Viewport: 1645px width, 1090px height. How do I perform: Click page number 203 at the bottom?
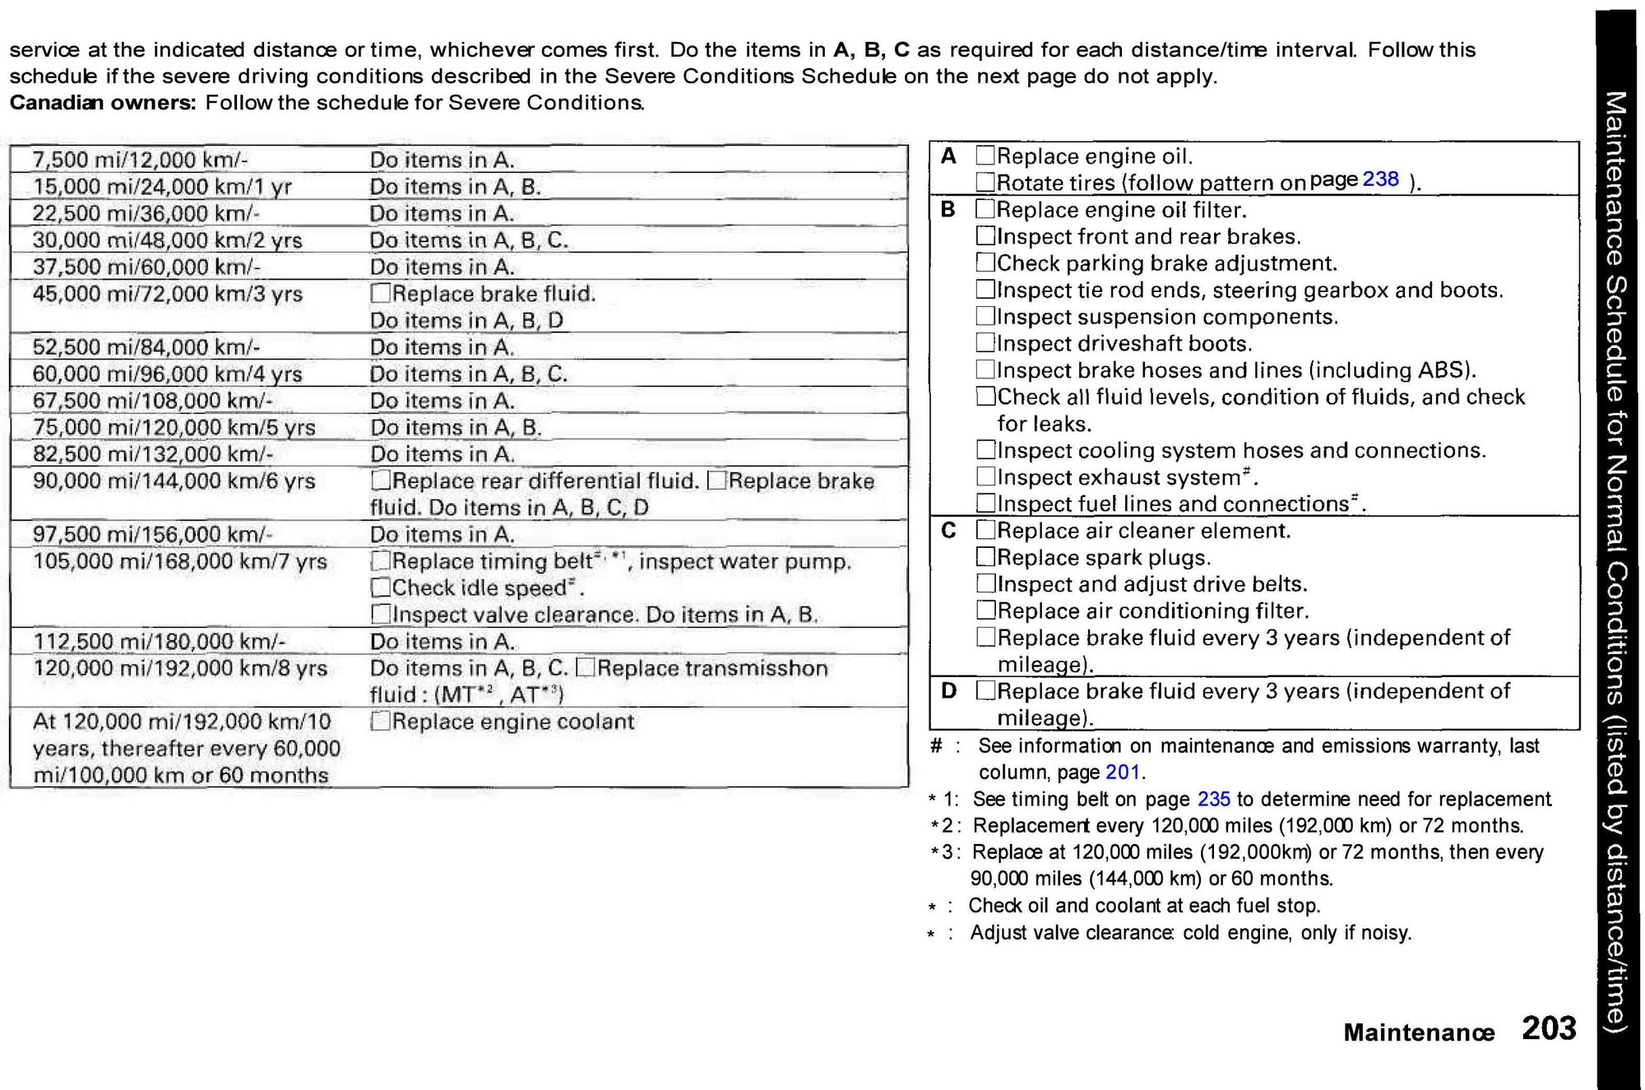pyautogui.click(x=1548, y=1029)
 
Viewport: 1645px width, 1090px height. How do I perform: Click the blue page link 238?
pyautogui.click(x=1380, y=179)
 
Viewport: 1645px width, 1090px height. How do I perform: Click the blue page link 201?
pyautogui.click(x=1123, y=772)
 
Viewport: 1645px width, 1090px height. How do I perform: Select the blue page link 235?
pyautogui.click(x=1213, y=800)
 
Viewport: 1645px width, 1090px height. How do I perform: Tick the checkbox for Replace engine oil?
pyautogui.click(x=985, y=155)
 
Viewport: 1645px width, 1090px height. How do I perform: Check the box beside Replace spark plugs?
pyautogui.click(x=985, y=557)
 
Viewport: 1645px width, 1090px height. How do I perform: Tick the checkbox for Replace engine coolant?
pyautogui.click(x=380, y=721)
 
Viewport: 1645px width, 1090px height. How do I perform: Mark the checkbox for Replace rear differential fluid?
pyautogui.click(x=380, y=480)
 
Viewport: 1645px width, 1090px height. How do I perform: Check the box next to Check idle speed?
pyautogui.click(x=380, y=587)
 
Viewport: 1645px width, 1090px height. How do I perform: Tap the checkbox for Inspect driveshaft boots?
pyautogui.click(x=985, y=343)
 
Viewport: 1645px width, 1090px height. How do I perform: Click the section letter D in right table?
pyautogui.click(x=948, y=691)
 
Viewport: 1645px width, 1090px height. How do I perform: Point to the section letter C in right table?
pyautogui.click(x=948, y=531)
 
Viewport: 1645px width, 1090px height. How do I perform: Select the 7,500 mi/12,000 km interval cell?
pyautogui.click(x=140, y=160)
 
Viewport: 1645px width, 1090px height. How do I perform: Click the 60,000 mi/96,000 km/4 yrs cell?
pyautogui.click(x=167, y=374)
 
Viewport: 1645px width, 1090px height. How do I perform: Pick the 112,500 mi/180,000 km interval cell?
pyautogui.click(x=159, y=642)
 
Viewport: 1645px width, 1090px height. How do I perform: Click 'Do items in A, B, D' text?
pyautogui.click(x=466, y=321)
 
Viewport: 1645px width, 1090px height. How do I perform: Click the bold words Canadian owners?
pyautogui.click(x=102, y=104)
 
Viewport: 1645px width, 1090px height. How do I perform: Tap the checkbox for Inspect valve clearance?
pyautogui.click(x=380, y=615)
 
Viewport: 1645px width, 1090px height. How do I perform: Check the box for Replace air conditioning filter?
pyautogui.click(x=985, y=610)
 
